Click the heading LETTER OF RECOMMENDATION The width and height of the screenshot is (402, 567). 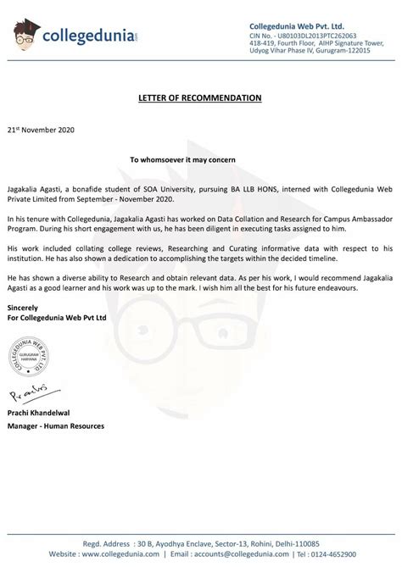tap(199, 97)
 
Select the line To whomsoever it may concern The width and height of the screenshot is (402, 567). tap(200, 158)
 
